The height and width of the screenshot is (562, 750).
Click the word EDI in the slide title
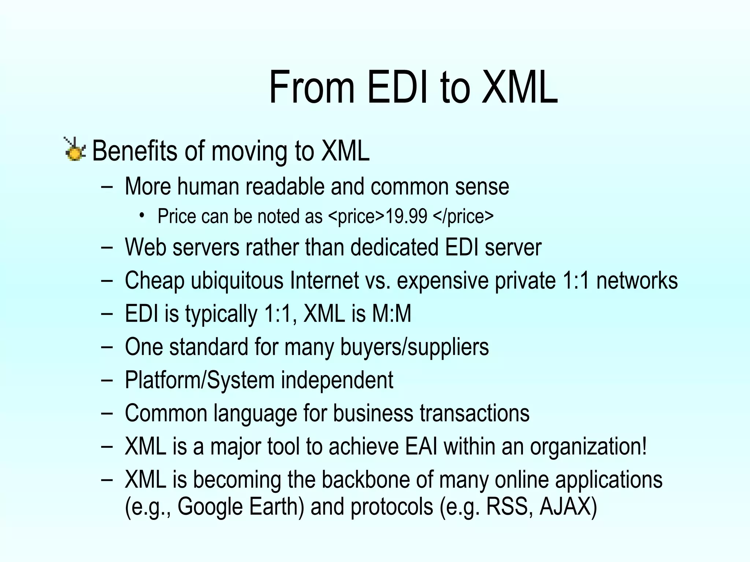398,88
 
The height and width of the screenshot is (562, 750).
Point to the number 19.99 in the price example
406,216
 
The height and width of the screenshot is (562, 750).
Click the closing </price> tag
463,216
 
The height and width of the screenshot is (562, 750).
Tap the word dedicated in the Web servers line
394,247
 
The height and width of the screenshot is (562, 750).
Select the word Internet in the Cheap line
324,281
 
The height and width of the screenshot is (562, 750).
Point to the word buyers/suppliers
415,347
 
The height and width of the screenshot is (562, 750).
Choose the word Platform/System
200,380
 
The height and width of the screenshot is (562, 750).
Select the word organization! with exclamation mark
589,447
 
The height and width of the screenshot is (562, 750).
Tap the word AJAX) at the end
568,507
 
